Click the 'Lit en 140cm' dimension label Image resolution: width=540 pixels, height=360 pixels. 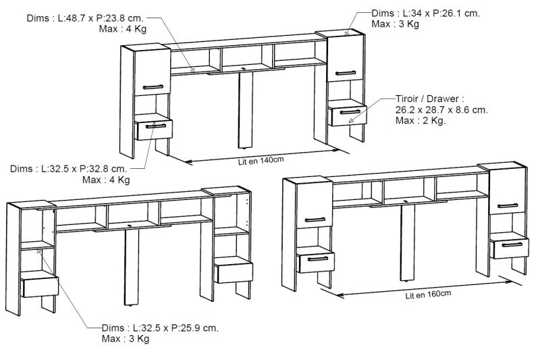pos(261,161)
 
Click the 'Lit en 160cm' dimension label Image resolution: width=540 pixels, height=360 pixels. pos(428,295)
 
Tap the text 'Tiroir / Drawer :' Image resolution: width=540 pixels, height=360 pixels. pos(430,99)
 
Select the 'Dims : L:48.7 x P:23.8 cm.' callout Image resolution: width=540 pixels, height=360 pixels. pos(85,18)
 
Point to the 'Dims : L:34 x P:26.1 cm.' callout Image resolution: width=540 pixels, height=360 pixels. pos(426,14)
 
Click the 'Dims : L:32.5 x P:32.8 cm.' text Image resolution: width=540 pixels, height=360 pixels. pos(69,169)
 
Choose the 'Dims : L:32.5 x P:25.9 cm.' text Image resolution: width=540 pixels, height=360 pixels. pos(160,328)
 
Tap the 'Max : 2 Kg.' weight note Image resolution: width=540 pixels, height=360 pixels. pos(421,121)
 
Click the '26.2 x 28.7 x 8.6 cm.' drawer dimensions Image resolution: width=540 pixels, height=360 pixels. pos(442,110)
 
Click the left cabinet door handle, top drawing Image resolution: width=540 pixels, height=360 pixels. pos(153,87)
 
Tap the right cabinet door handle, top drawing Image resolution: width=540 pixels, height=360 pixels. pos(346,73)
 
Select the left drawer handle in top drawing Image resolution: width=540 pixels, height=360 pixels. pos(156,126)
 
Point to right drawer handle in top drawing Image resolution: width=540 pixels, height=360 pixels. pos(350,112)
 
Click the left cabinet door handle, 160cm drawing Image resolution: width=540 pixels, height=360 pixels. pos(315,220)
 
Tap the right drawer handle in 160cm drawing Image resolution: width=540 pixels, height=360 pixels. pos(512,245)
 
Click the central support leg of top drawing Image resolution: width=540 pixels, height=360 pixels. pos(246,109)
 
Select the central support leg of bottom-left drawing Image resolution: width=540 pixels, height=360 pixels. pos(132,267)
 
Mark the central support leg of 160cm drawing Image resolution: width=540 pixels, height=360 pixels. pos(408,243)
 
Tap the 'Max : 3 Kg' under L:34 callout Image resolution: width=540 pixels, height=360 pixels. pos(396,24)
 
